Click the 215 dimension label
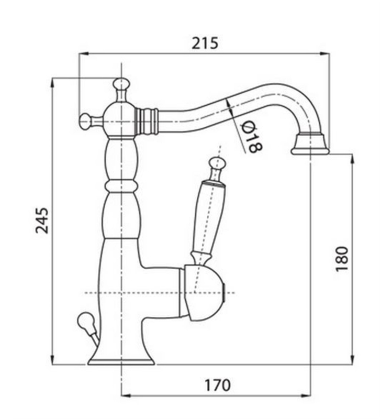[x=205, y=43]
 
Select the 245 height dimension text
[x=42, y=220]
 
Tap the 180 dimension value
[x=342, y=259]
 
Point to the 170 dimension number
[x=217, y=385]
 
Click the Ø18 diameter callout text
[x=251, y=136]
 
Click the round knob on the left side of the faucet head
[x=85, y=122]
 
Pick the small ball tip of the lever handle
[x=217, y=163]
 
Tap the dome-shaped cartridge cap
[x=205, y=293]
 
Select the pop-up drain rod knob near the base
[x=85, y=320]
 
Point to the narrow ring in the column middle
[x=122, y=186]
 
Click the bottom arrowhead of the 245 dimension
[x=53, y=360]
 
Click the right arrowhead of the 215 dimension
[x=325, y=54]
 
